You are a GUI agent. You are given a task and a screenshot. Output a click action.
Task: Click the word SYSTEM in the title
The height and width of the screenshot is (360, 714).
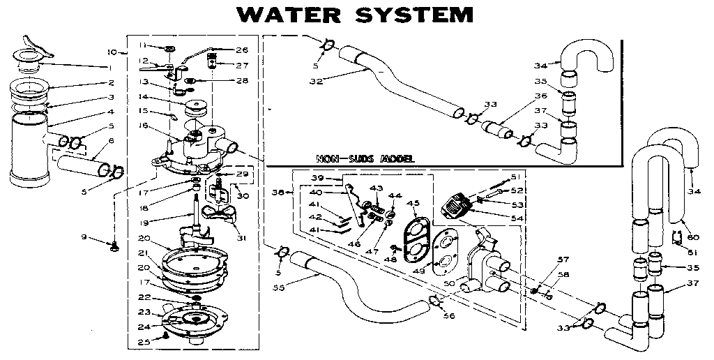tap(411, 14)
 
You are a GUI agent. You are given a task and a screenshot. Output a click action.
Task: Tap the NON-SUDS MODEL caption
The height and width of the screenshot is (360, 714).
tap(365, 158)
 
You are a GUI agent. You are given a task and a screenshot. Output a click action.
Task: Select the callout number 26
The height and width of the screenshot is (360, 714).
tap(241, 50)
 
